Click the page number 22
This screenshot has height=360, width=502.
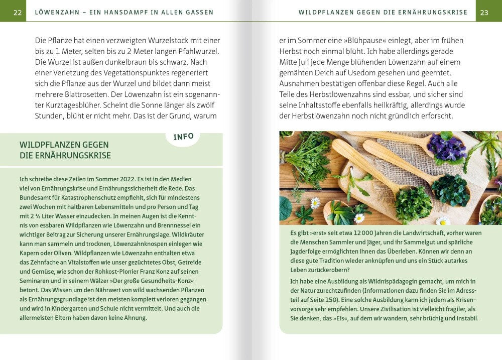(18, 13)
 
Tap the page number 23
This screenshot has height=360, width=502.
(484, 13)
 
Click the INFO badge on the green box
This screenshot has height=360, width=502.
(183, 137)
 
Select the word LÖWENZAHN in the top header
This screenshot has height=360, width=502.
(57, 13)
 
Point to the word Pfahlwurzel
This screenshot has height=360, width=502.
(199, 51)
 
